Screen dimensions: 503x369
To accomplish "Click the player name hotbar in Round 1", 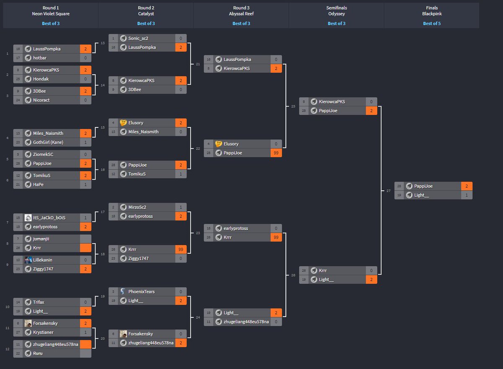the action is [x=40, y=58].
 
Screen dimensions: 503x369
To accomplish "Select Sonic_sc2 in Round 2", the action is [x=138, y=39].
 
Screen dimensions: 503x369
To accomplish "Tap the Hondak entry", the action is [x=41, y=79].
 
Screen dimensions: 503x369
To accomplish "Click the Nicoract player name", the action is [x=41, y=100].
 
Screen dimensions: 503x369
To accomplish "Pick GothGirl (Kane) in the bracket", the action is [x=48, y=142].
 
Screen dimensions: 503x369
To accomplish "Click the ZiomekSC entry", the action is [x=43, y=154].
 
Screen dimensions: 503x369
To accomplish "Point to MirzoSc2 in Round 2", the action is [x=137, y=207].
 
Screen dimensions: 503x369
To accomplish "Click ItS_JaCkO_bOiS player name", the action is [x=49, y=218].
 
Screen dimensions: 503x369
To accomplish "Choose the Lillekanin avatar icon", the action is [x=28, y=260].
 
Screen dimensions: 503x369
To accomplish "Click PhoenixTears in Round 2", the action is [x=142, y=291].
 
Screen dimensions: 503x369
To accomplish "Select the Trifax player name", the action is [x=39, y=302].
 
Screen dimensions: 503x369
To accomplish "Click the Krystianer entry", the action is [x=44, y=332].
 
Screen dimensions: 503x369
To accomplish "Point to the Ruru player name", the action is [x=38, y=353].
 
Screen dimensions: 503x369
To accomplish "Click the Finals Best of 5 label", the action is [x=431, y=23].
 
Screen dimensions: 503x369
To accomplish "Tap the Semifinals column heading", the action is [x=336, y=8].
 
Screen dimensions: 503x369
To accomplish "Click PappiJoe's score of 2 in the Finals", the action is [x=467, y=186].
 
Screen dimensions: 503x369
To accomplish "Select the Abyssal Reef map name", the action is [x=241, y=14].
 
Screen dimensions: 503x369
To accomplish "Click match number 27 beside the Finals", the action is [x=388, y=191].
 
